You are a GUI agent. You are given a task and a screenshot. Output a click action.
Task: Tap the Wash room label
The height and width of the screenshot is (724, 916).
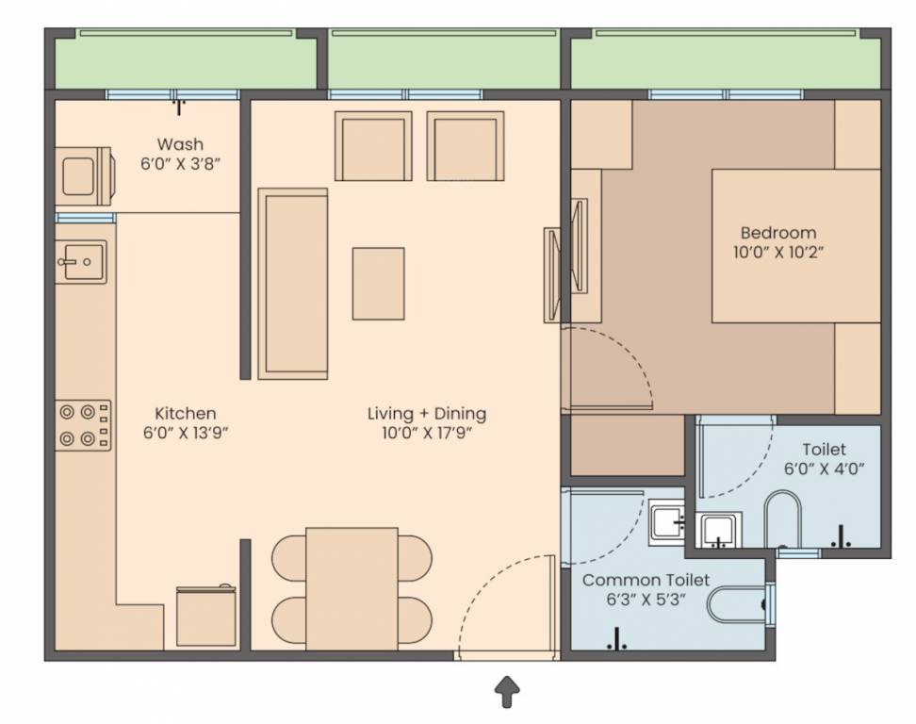[x=179, y=144]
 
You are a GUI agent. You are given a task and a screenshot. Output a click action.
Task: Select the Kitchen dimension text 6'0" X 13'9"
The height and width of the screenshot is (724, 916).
[x=186, y=433]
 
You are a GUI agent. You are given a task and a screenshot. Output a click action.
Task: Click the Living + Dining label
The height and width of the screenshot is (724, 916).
[x=426, y=413]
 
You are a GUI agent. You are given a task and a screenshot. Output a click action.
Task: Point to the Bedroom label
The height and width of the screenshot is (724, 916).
[x=777, y=233]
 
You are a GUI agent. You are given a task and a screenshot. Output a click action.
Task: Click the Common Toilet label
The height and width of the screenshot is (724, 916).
[x=646, y=580]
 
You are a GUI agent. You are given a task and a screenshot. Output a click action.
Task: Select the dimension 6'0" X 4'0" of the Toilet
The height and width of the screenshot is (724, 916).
[x=824, y=468]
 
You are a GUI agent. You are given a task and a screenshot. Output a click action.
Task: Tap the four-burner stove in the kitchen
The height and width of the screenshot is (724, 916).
[x=83, y=425]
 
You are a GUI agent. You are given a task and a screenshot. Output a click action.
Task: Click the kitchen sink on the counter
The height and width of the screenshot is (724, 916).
[x=81, y=261]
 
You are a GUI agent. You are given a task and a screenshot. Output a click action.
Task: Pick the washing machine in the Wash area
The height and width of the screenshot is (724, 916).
[x=82, y=174]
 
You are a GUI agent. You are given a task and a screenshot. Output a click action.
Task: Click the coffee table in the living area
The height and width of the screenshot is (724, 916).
[x=378, y=283]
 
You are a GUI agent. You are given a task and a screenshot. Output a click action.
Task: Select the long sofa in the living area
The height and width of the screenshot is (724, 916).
[x=293, y=283]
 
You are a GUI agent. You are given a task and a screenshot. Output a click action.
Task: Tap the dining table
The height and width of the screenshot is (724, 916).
[x=352, y=588]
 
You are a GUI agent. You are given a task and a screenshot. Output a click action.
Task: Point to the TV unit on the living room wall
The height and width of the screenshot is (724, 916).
[x=551, y=274]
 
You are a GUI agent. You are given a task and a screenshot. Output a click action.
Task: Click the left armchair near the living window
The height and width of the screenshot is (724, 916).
[x=374, y=146]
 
